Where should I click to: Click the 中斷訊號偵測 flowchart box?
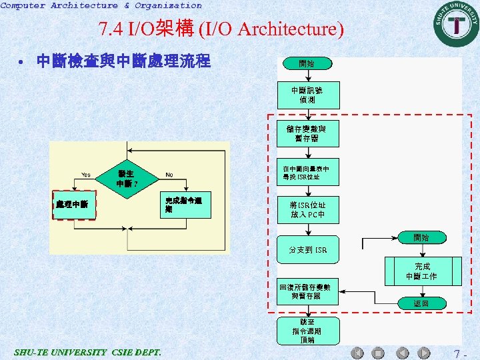307,95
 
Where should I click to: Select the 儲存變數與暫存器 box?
307,133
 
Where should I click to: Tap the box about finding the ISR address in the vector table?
307,173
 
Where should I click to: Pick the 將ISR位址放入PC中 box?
307,209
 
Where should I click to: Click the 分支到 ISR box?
307,249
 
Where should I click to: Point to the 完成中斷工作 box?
421,271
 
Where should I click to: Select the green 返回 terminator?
421,303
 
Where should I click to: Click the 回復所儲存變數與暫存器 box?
307,291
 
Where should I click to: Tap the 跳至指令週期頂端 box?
307,331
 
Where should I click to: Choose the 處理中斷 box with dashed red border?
74,204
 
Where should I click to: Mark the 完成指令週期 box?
187,204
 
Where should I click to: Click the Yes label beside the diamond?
86,175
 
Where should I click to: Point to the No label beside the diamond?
169,175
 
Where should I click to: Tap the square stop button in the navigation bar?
377,353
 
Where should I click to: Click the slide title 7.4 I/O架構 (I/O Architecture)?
221,29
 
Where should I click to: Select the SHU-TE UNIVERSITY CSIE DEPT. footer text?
87,352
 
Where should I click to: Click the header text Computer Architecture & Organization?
101,5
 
